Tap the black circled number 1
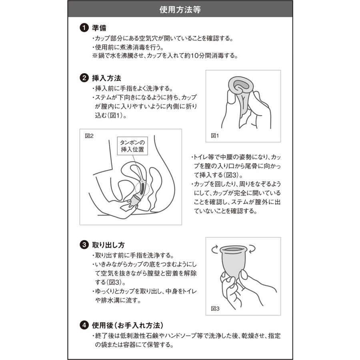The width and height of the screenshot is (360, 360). click(x=84, y=28)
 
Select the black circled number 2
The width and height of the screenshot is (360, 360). click(x=84, y=78)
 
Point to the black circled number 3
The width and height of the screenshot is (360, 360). click(x=84, y=244)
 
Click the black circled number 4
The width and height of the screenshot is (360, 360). click(x=84, y=325)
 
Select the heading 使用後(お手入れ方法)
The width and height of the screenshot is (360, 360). click(x=128, y=325)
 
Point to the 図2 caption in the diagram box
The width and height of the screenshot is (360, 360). click(x=89, y=136)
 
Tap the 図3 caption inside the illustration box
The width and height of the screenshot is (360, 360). click(x=215, y=309)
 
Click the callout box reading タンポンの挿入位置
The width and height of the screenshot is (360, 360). click(x=132, y=146)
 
